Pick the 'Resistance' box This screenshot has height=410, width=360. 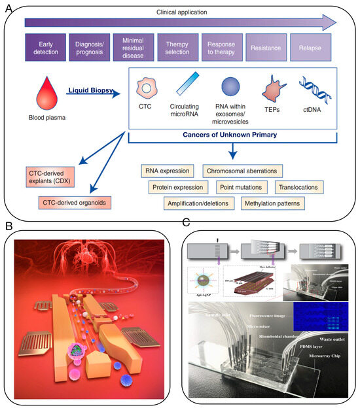[x=263, y=48]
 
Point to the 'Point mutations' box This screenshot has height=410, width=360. [x=242, y=187]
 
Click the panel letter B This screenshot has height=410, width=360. [x=9, y=226]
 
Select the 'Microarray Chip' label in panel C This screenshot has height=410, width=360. [x=316, y=356]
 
